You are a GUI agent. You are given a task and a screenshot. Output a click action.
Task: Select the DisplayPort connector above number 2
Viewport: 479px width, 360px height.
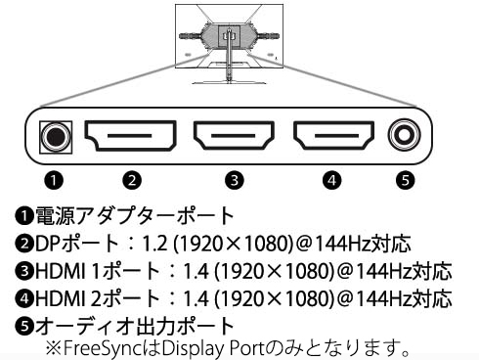click(x=131, y=135)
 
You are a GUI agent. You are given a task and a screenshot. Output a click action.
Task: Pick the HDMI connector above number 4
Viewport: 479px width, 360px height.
click(x=333, y=135)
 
